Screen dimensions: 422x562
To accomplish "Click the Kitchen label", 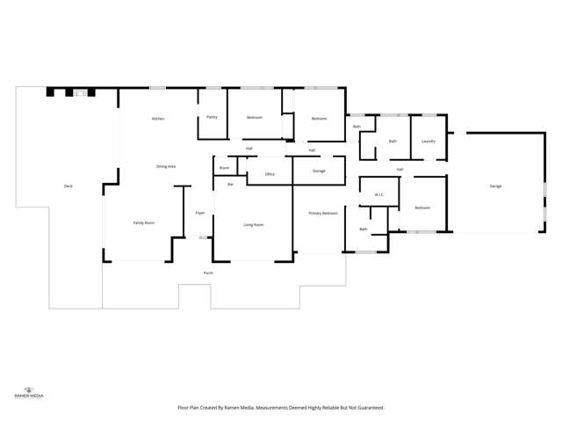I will click(158, 119).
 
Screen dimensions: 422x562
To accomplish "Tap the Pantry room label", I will click(212, 117).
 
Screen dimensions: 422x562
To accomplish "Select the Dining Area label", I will click(166, 166).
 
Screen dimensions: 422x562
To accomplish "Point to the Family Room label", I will click(144, 223).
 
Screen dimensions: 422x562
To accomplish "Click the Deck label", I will click(68, 186).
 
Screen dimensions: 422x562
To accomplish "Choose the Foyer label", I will click(200, 213).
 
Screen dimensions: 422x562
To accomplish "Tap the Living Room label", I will click(254, 225).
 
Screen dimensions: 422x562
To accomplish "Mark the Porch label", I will click(209, 273).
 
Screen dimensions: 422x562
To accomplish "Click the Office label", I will click(270, 174).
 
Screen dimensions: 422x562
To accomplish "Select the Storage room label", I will click(319, 171).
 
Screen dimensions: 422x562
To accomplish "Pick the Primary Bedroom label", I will click(322, 213).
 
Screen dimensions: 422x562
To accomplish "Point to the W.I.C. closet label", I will click(379, 195).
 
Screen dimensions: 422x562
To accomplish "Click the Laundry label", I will click(429, 142).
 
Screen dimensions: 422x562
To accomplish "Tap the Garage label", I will click(496, 186).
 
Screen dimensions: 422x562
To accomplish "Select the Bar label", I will click(230, 184).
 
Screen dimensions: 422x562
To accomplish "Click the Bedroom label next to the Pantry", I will click(255, 117).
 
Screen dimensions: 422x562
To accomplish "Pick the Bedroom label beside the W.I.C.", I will click(422, 207).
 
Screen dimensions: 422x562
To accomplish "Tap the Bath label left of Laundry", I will click(393, 142).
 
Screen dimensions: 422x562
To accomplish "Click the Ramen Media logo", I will click(30, 392).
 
